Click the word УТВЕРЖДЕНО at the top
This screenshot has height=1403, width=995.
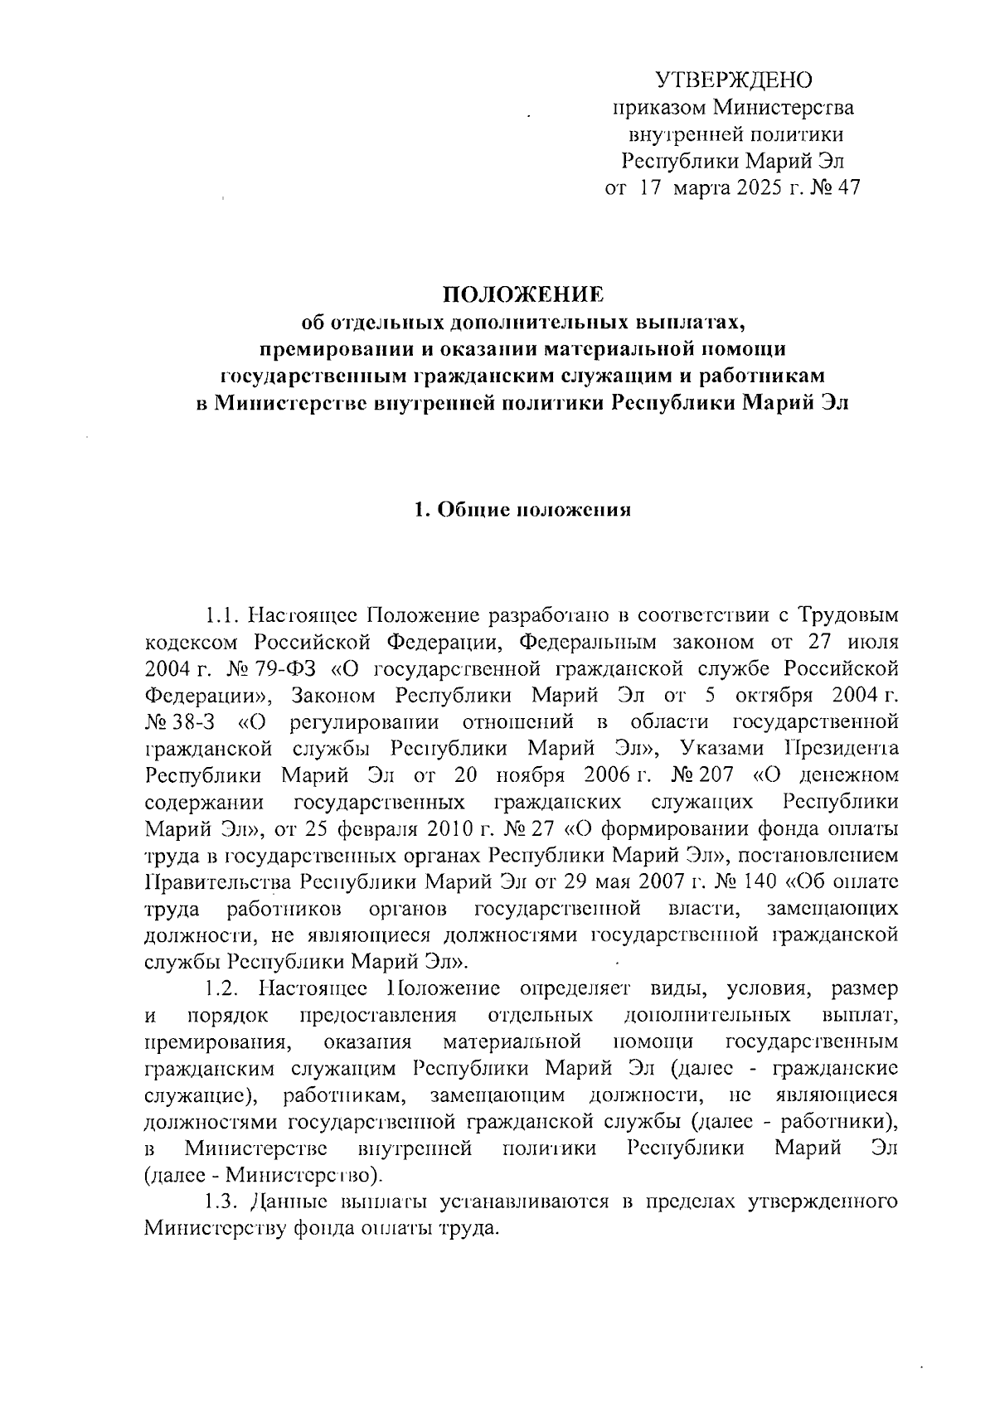coord(734,80)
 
